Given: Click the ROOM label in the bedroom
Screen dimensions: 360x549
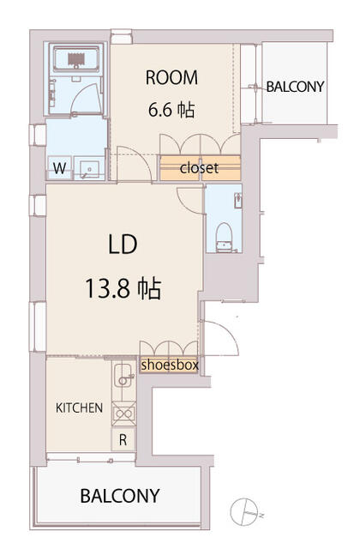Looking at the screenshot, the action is pos(171,78).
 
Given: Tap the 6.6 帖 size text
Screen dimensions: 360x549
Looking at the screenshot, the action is pos(171,110).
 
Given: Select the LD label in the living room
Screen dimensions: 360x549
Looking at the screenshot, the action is pos(123,244).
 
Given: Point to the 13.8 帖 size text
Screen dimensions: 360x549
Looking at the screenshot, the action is pos(123,288).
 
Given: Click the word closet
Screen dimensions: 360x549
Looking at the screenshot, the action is pos(200,168).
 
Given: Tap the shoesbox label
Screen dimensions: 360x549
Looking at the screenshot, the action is pos(170,365).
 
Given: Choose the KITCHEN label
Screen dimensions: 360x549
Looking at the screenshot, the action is pos(80,408).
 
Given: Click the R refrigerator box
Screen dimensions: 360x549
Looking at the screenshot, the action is pos(123,439).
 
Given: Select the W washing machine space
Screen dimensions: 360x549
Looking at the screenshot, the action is pos(59,168).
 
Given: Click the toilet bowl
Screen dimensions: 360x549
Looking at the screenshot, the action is pos(223,238).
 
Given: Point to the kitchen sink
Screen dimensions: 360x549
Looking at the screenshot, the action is pos(123,376).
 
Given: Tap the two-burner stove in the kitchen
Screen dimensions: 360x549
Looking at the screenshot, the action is pos(123,413).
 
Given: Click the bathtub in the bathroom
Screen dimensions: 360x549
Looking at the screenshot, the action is pos(76,58).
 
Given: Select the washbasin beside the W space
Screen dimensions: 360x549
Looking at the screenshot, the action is pos(89,169).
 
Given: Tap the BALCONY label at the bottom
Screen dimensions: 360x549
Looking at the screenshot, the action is pos(120,496).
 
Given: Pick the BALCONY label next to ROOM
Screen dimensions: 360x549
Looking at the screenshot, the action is pos(295,87).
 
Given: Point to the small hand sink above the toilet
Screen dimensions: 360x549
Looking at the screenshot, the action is pos(238,200).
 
